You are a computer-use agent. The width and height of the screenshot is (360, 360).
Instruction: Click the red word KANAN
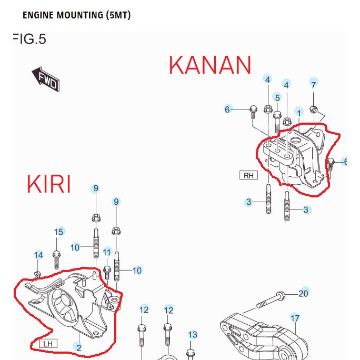(x=209, y=65)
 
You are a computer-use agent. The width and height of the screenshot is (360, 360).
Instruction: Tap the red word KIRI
(x=48, y=184)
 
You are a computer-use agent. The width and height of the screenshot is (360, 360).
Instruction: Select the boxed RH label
(x=248, y=175)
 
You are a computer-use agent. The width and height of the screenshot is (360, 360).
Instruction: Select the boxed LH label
(x=48, y=344)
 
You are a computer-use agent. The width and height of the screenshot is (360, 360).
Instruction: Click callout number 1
(x=299, y=112)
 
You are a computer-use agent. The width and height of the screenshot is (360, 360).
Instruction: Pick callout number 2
(x=78, y=347)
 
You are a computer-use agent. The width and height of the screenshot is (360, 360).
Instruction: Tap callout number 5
(x=277, y=97)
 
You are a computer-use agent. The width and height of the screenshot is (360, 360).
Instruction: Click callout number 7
(x=314, y=84)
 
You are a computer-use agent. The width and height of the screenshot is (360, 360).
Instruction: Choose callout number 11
(x=107, y=252)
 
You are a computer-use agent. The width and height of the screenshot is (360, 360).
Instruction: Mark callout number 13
(x=193, y=335)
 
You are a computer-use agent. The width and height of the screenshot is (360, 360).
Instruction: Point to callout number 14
(x=38, y=255)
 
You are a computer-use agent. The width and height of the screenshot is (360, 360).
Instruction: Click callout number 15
(x=59, y=232)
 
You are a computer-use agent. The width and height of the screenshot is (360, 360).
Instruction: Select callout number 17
(x=295, y=318)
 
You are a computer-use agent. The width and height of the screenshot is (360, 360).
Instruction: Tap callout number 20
(x=304, y=293)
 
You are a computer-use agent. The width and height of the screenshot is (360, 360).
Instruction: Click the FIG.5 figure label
(x=29, y=39)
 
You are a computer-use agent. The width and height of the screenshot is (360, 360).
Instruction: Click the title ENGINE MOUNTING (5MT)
(x=76, y=15)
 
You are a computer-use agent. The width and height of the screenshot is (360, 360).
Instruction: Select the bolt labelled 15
(x=57, y=259)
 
